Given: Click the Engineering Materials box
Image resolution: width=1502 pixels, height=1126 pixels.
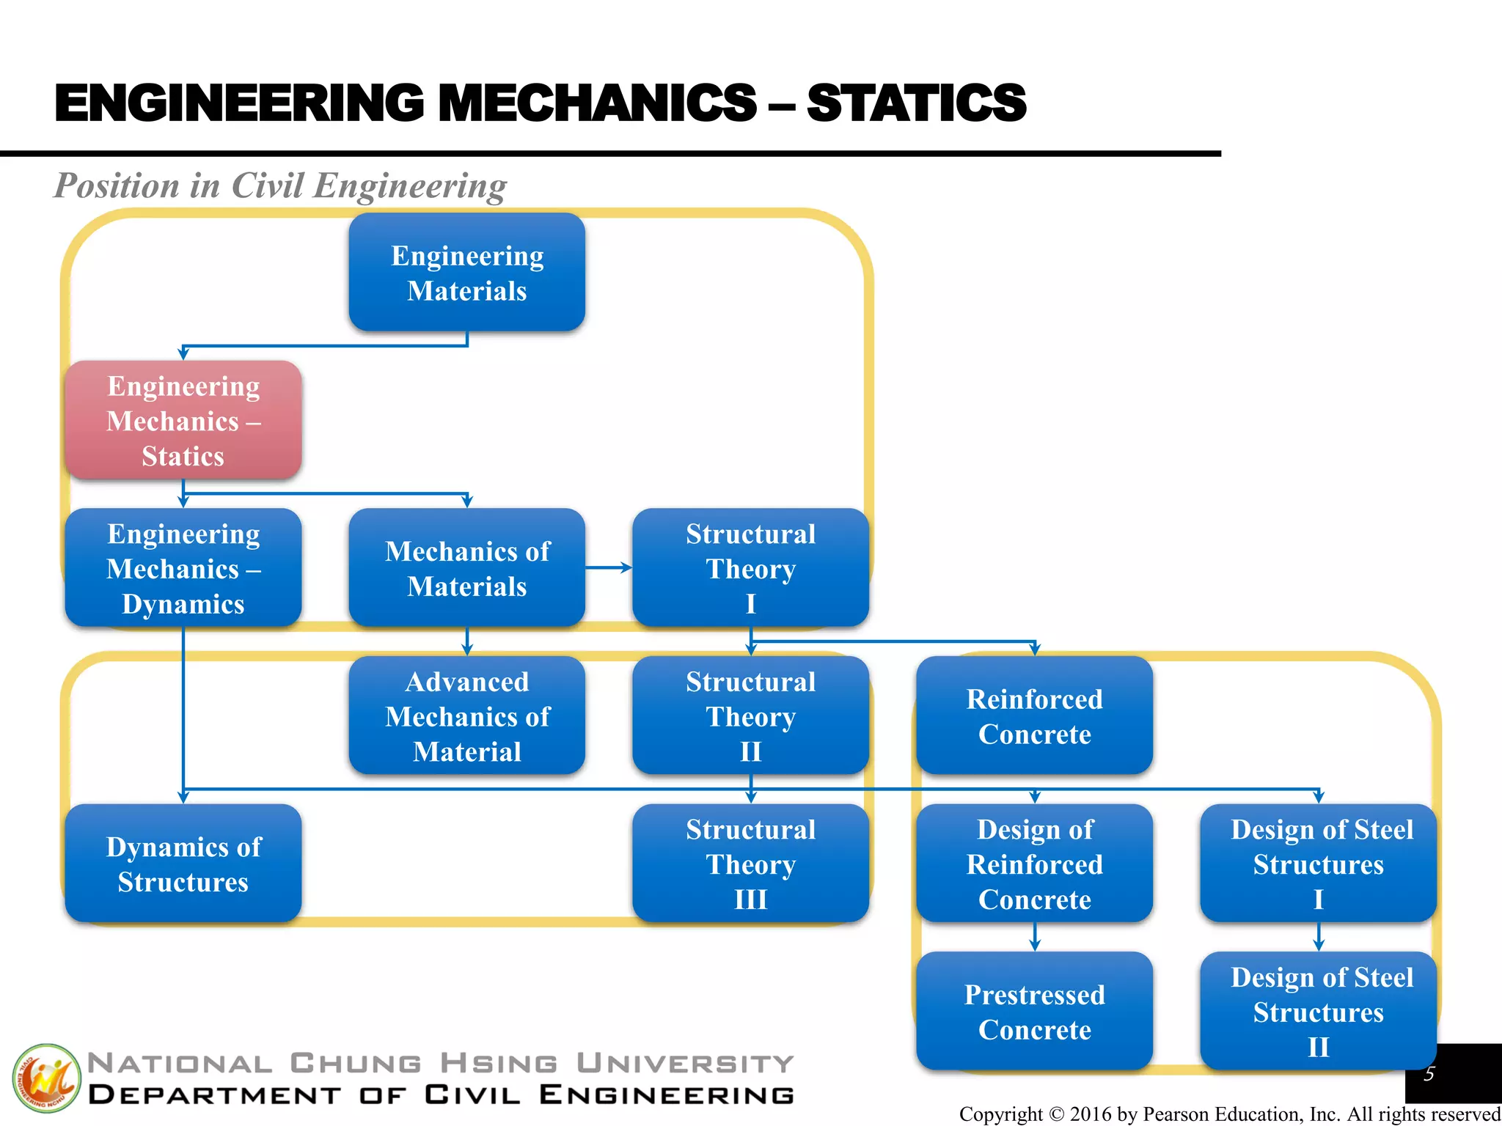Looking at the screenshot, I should click(x=467, y=273).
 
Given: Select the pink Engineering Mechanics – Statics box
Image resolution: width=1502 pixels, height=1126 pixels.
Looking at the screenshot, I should click(x=183, y=421).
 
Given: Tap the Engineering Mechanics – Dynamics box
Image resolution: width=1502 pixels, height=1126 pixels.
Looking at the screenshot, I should click(x=183, y=568).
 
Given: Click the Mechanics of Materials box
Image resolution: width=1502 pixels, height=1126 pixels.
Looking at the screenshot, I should click(x=467, y=568).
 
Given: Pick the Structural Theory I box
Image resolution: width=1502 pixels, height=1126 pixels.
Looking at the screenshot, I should click(x=750, y=568).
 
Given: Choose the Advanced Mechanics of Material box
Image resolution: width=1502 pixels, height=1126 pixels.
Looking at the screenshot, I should click(x=467, y=716).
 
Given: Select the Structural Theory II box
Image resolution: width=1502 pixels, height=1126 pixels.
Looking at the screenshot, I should click(x=750, y=716).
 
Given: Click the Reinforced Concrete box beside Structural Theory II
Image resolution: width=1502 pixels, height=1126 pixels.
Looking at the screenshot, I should click(x=1034, y=716).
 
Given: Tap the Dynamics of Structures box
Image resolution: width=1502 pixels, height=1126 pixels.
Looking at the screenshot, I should click(x=183, y=864).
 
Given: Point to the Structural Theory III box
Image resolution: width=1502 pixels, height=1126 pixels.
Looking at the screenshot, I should click(x=750, y=864).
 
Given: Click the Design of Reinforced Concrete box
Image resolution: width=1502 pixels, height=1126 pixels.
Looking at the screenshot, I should click(x=1034, y=864).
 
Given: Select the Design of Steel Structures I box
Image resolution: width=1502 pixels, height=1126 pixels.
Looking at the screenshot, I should click(x=1318, y=864).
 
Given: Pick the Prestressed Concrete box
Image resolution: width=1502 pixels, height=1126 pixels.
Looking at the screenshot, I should click(x=1034, y=1012).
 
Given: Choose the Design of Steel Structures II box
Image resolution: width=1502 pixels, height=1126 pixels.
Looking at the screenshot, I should click(x=1318, y=1012).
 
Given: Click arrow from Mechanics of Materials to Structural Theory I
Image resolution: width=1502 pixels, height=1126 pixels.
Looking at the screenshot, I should click(x=609, y=567).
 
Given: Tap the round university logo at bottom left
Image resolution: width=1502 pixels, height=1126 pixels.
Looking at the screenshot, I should click(x=45, y=1078).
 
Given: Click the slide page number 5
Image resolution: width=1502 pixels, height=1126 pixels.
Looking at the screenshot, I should click(x=1429, y=1074).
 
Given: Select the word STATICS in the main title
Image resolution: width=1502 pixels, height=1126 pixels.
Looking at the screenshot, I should click(x=916, y=103).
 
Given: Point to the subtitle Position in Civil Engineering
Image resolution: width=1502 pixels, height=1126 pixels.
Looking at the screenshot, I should click(x=280, y=185).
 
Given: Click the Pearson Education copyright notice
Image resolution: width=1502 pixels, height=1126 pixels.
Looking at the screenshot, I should click(x=1229, y=1114).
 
